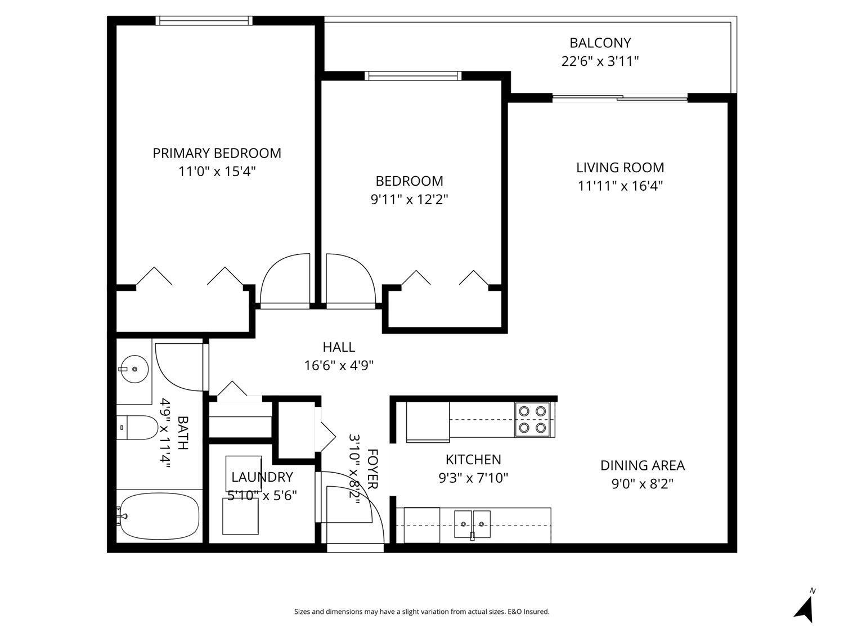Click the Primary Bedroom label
click(x=217, y=153)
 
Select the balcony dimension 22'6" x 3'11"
click(x=600, y=61)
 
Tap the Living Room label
click(x=619, y=168)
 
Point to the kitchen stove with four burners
click(x=532, y=420)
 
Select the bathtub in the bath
click(x=160, y=516)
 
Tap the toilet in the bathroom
click(x=138, y=428)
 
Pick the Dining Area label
click(x=642, y=465)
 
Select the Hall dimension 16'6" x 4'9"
click(x=339, y=366)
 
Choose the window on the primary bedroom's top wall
click(x=204, y=21)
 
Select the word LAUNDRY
click(x=262, y=477)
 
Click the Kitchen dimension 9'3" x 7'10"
click(x=473, y=478)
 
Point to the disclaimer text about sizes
click(x=421, y=612)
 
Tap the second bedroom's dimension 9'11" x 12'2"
click(x=409, y=199)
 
